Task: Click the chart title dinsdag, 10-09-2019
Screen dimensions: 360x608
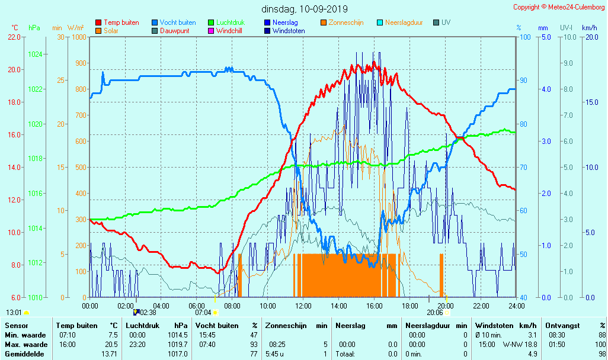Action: (x=305, y=9)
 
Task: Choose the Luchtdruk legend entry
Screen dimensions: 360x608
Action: (x=234, y=22)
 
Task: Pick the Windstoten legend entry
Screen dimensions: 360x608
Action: (x=289, y=31)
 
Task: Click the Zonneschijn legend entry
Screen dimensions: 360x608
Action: (x=346, y=22)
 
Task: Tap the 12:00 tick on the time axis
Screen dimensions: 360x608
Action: (x=303, y=306)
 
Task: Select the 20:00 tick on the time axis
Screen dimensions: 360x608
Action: (x=446, y=306)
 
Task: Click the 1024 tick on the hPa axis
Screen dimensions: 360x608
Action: (x=35, y=54)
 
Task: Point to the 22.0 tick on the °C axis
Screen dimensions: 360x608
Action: (x=14, y=37)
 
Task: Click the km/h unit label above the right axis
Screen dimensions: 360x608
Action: (x=589, y=28)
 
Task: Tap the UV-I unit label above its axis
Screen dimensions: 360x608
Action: (x=566, y=28)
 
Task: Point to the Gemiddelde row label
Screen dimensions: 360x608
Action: (x=25, y=354)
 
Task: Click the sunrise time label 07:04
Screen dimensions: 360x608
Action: (x=203, y=312)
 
